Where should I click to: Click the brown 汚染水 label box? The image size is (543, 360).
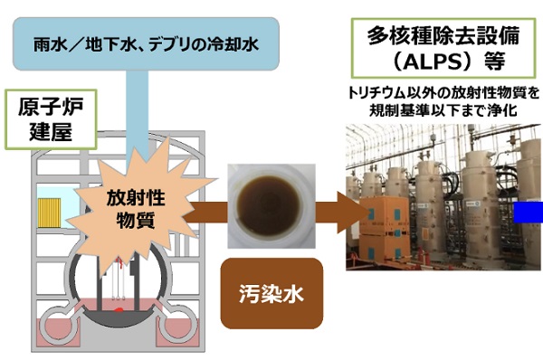(x=271, y=293)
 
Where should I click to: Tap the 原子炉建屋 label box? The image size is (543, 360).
(x=51, y=119)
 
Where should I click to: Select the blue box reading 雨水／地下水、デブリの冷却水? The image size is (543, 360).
(x=146, y=44)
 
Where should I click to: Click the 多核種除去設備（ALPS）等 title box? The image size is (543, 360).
(x=443, y=48)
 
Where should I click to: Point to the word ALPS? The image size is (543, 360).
(x=437, y=62)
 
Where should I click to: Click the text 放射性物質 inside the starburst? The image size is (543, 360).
(x=136, y=209)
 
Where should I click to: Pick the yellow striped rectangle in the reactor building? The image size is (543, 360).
(x=49, y=213)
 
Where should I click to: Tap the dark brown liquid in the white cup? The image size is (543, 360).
(x=269, y=205)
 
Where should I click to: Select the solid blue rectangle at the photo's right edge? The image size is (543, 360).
(x=529, y=213)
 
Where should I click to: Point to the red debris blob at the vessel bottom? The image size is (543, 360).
(x=119, y=310)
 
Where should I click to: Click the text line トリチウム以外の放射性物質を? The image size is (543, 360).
(x=443, y=93)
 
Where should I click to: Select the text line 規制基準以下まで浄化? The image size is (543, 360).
(x=443, y=110)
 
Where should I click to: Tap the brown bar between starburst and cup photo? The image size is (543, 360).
(x=207, y=213)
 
